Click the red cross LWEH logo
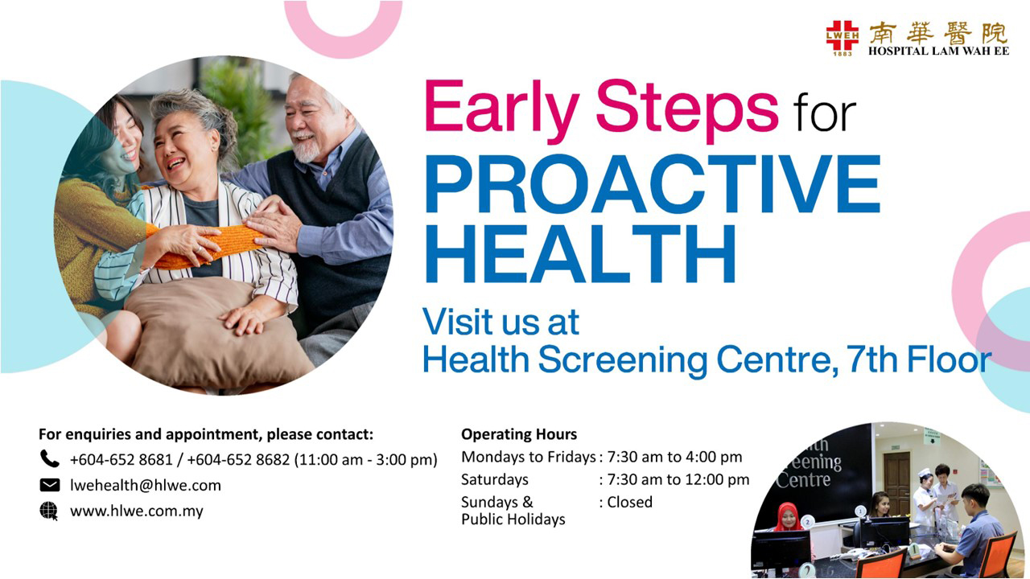tap(842, 36)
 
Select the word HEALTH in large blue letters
tap(579, 254)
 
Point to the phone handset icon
tap(49, 459)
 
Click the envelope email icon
tap(49, 485)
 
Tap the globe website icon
tap(49, 511)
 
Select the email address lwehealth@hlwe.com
tap(145, 485)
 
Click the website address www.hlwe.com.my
tap(136, 511)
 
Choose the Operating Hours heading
tap(519, 434)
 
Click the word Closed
tap(630, 502)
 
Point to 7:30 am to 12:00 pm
tap(678, 479)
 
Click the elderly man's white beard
tap(307, 148)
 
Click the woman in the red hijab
tap(789, 519)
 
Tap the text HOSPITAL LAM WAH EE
tap(937, 51)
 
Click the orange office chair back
tap(998, 555)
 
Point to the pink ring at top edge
tap(343, 32)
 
